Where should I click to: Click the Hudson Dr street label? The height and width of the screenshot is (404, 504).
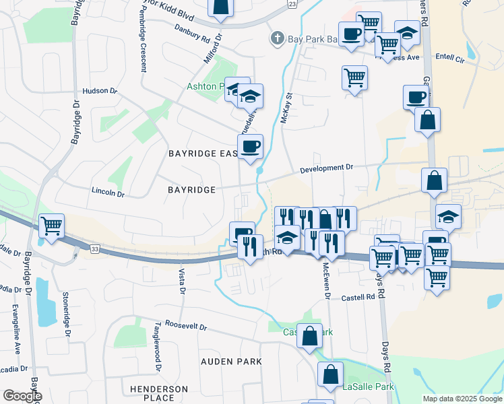pyautogui.click(x=100, y=91)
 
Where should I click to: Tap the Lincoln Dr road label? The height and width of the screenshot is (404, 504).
pyautogui.click(x=108, y=193)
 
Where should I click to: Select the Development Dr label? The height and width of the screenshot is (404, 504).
pyautogui.click(x=327, y=168)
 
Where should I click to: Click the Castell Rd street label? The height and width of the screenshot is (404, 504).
pyautogui.click(x=357, y=297)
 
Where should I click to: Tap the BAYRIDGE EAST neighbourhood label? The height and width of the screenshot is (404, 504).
pyautogui.click(x=202, y=154)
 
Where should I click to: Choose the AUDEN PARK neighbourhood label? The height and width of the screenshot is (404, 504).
pyautogui.click(x=231, y=362)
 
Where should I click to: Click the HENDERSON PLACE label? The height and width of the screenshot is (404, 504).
pyautogui.click(x=159, y=393)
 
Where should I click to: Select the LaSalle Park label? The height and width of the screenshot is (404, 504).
pyautogui.click(x=367, y=386)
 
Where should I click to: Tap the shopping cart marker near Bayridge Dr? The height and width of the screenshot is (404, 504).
pyautogui.click(x=51, y=226)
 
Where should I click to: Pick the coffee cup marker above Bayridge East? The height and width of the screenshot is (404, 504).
pyautogui.click(x=250, y=146)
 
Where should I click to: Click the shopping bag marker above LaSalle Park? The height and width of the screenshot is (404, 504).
pyautogui.click(x=331, y=374)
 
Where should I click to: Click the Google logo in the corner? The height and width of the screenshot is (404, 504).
pyautogui.click(x=22, y=397)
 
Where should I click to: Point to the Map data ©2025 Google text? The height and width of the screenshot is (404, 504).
pyautogui.click(x=462, y=399)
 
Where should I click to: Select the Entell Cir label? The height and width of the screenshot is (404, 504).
pyautogui.click(x=451, y=59)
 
